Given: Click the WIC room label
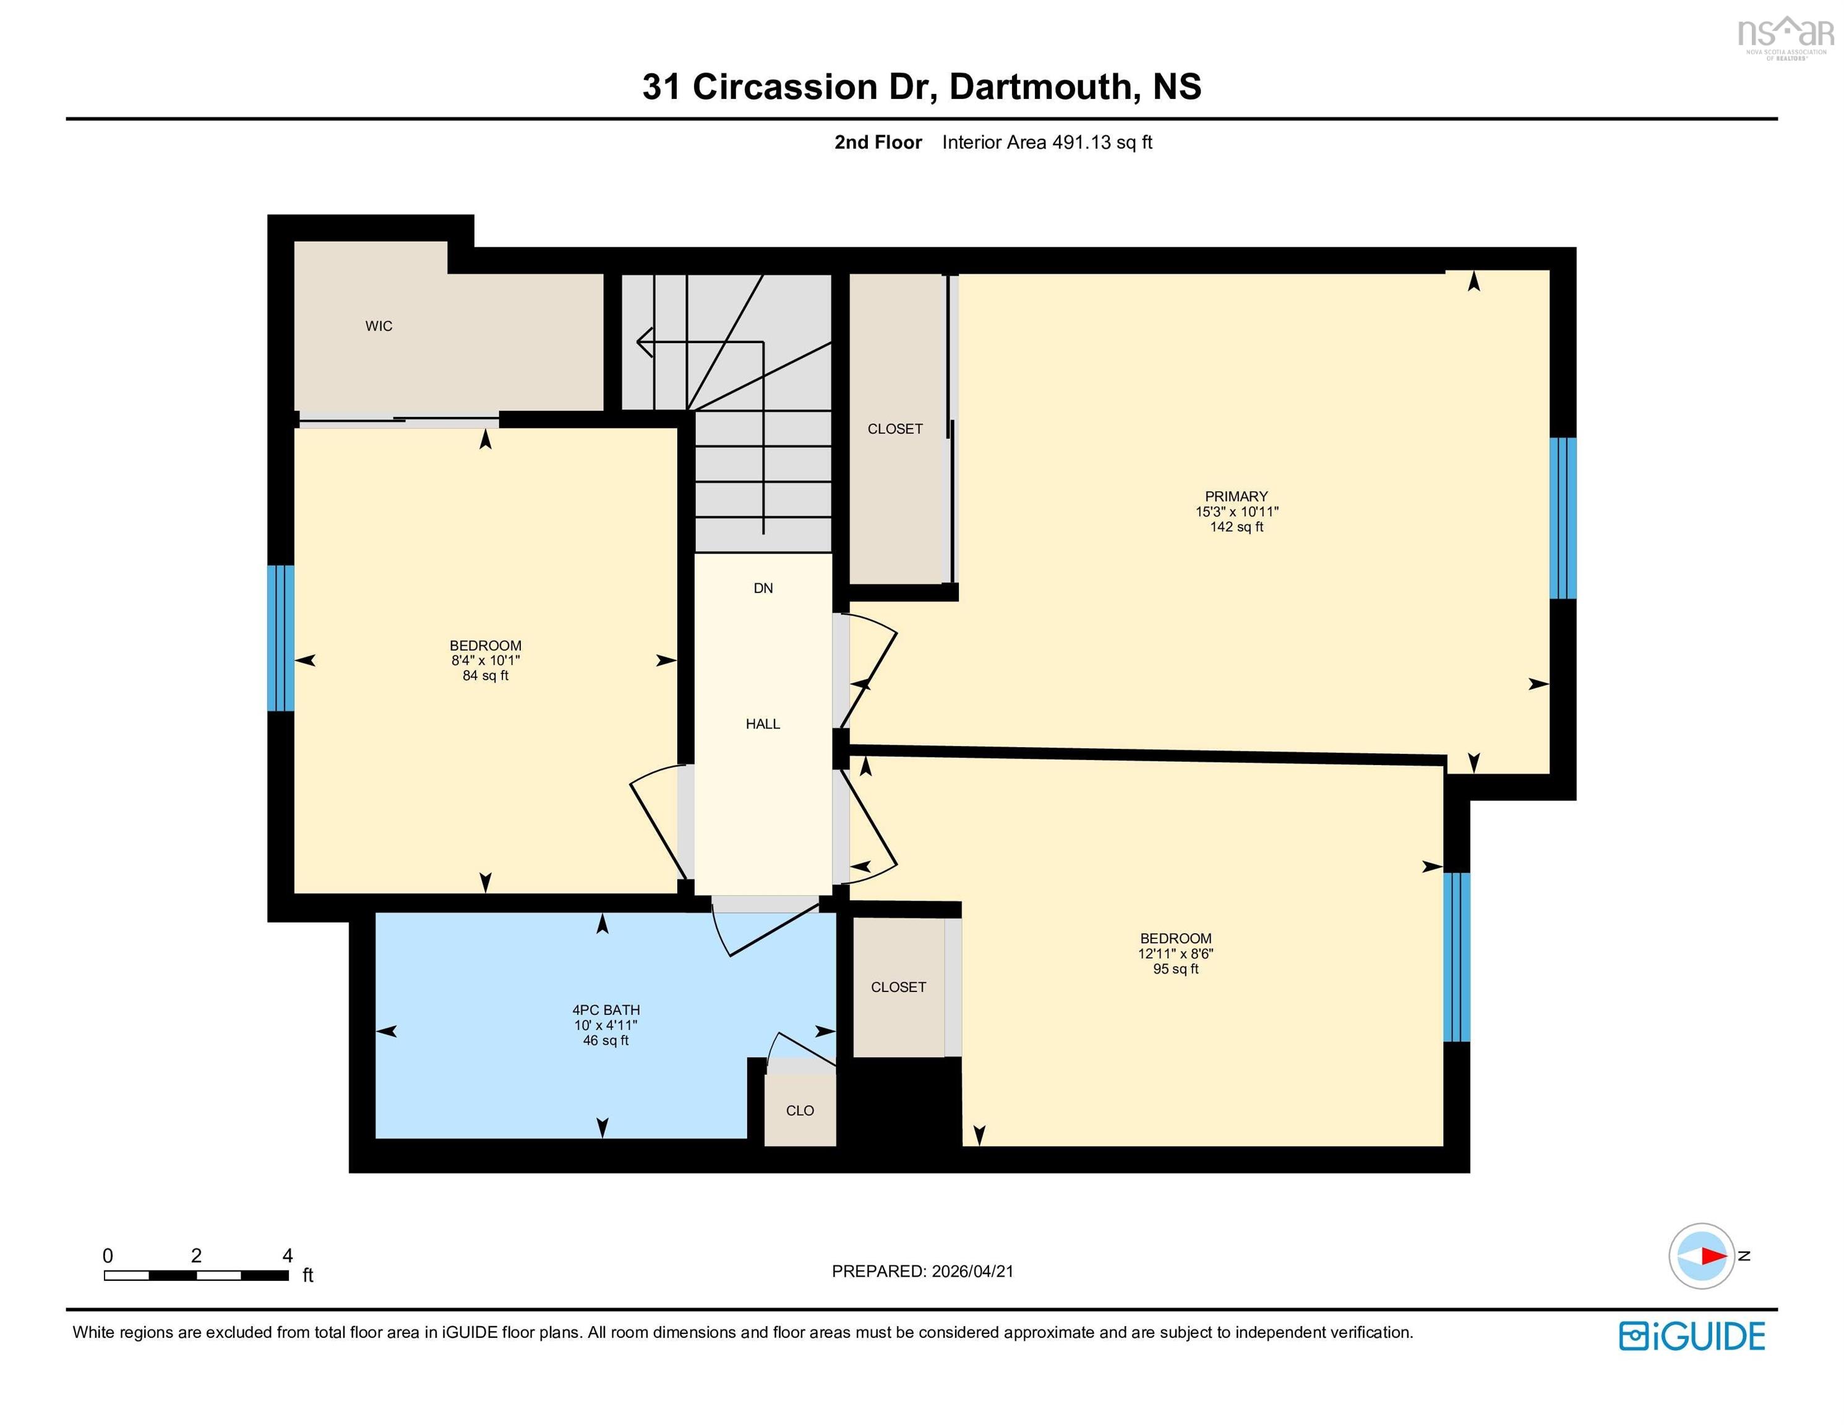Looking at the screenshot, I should [x=378, y=326].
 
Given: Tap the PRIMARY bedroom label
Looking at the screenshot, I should [x=1236, y=497].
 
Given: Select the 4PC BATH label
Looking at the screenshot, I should [x=606, y=1009].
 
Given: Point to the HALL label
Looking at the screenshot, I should [x=763, y=724].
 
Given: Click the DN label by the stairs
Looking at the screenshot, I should [x=763, y=588].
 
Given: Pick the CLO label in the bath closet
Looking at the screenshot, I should [x=800, y=1111].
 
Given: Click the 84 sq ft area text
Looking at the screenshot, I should [x=486, y=675].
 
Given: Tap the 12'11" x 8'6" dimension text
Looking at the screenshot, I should [x=1175, y=953].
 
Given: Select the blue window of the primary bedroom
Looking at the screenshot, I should [x=1562, y=518].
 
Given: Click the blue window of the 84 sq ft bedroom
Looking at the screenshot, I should [x=280, y=638].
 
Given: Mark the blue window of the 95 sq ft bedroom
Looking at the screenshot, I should [x=1456, y=956].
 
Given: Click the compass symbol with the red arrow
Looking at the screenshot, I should [x=1701, y=1256].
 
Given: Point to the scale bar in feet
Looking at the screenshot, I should [x=196, y=1275].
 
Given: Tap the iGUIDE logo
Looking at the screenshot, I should [x=1692, y=1337].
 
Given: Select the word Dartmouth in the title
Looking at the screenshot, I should [x=1040, y=87].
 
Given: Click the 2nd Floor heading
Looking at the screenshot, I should [x=878, y=143].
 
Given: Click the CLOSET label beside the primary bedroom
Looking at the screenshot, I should [x=895, y=429].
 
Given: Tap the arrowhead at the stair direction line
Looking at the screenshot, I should [x=644, y=342].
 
